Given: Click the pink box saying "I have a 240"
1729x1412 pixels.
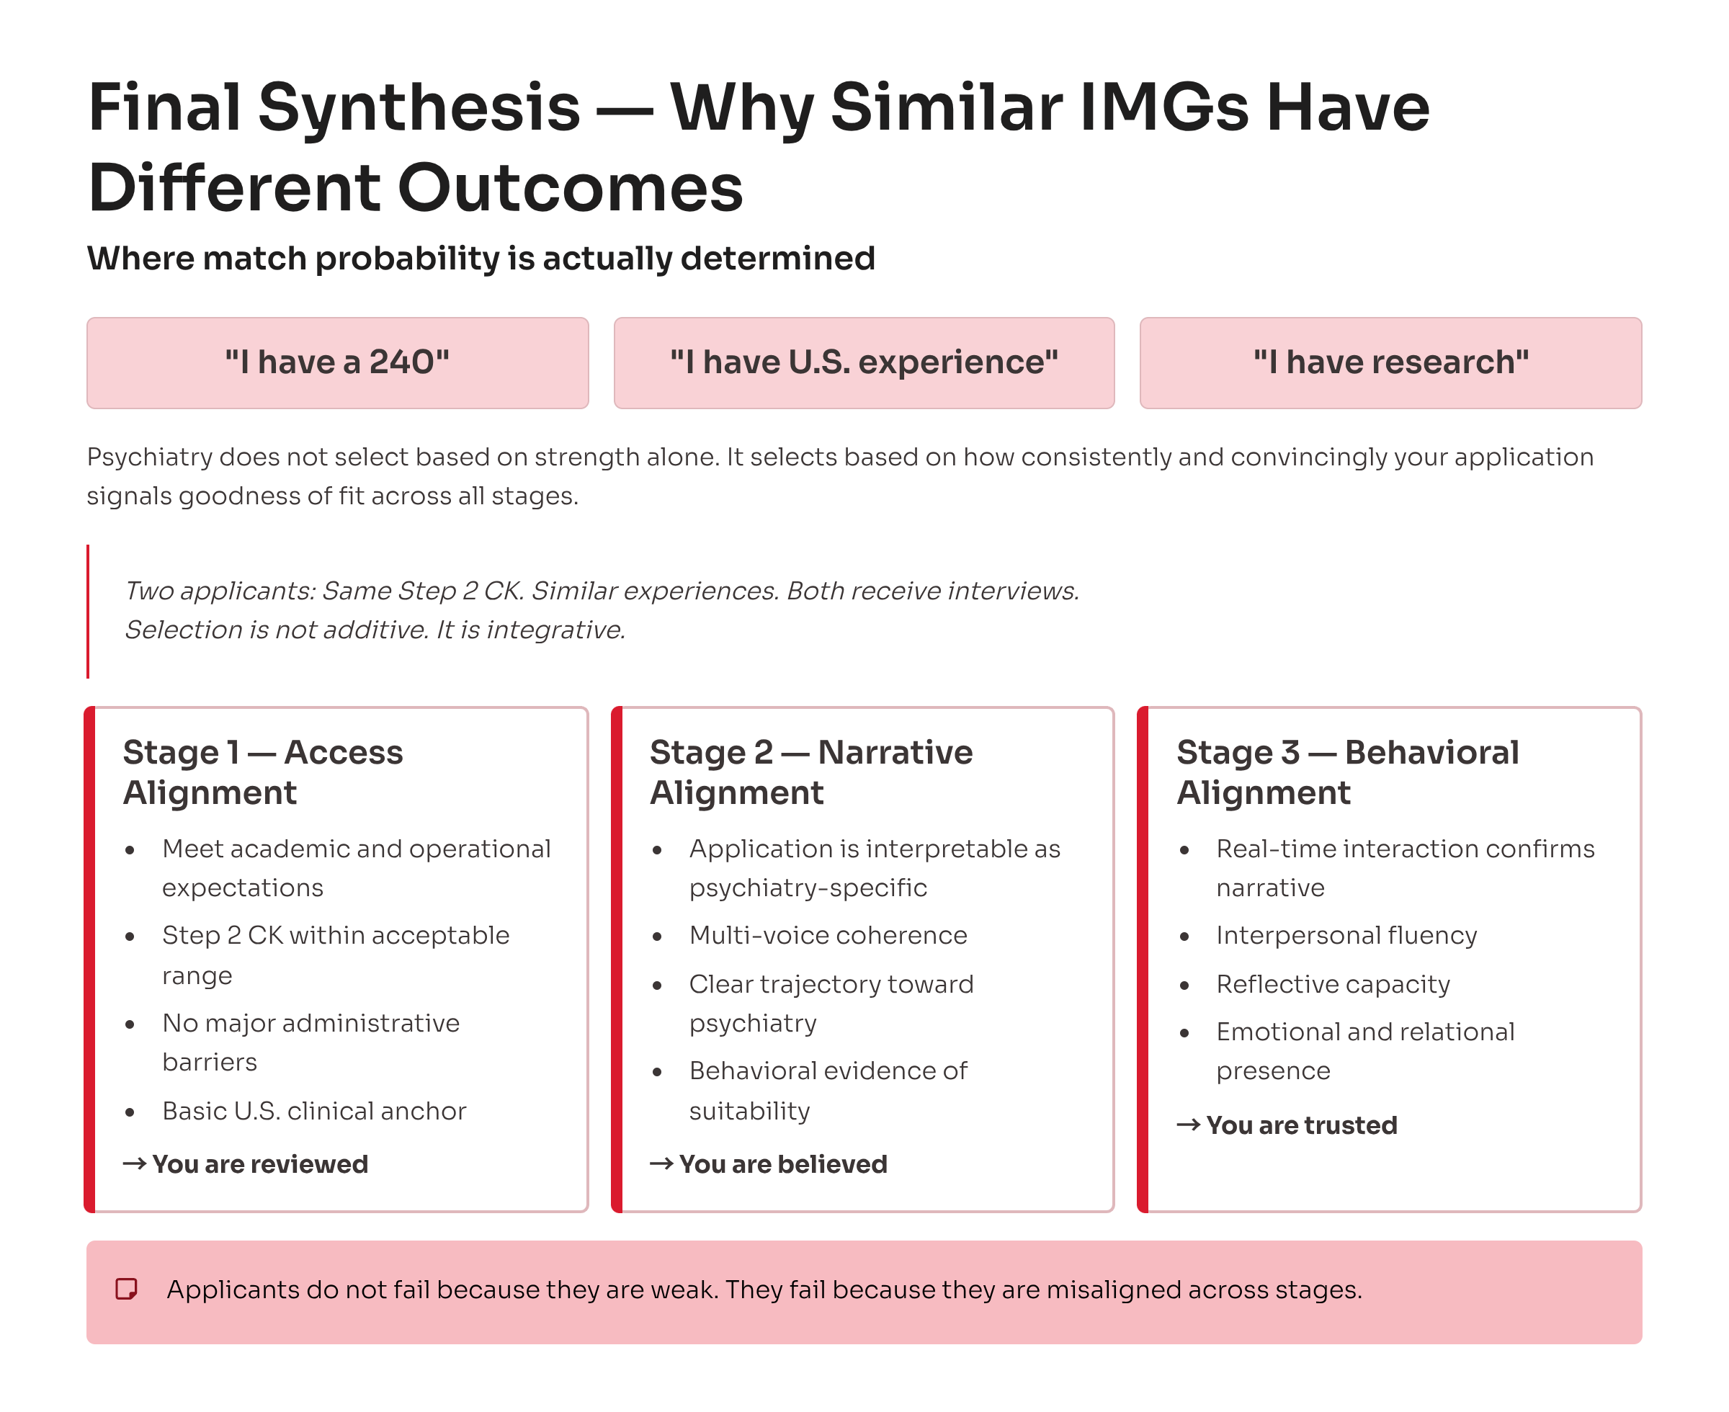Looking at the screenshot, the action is click(x=337, y=363).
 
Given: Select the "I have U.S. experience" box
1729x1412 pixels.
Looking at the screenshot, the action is click(x=864, y=363).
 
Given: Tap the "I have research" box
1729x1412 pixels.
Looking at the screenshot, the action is click(x=1390, y=363).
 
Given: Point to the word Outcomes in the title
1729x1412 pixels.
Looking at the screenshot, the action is click(x=570, y=188).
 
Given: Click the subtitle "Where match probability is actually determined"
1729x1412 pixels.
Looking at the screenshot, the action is click(x=481, y=259).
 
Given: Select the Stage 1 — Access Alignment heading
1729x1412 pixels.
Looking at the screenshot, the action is click(x=263, y=772).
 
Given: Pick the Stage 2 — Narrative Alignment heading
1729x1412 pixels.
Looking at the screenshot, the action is click(x=810, y=772).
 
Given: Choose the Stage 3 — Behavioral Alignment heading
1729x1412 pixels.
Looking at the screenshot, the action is click(x=1348, y=772).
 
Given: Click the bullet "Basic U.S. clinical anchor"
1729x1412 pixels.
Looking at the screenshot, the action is click(x=314, y=1111).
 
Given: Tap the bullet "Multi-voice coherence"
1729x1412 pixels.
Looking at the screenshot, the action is click(x=828, y=935).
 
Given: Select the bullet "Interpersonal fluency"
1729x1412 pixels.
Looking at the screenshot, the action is click(x=1346, y=935).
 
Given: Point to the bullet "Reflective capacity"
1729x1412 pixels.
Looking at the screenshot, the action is click(x=1333, y=984).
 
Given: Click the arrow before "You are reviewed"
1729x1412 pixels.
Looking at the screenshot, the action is click(x=135, y=1164).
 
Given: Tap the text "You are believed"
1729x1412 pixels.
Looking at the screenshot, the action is click(x=782, y=1165).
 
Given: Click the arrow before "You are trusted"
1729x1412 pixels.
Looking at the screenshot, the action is click(x=1188, y=1125).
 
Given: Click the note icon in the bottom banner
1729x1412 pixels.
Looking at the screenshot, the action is click(x=126, y=1290).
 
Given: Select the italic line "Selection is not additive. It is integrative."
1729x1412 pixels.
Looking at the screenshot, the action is click(x=375, y=630).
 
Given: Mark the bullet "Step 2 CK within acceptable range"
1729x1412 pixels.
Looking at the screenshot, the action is click(x=336, y=955).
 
